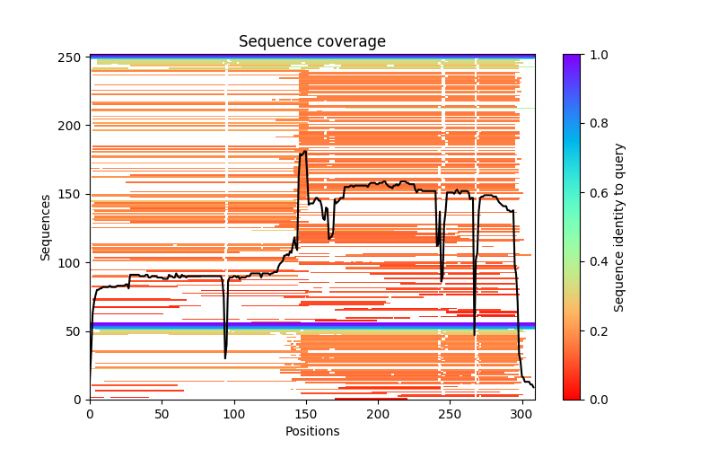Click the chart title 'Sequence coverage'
coord(311,42)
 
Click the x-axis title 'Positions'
coord(311,432)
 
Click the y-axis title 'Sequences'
coord(45,227)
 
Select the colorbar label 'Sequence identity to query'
coord(619,227)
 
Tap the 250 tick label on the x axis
coord(450,414)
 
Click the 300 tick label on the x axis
coord(521,414)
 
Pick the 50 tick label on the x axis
coord(162,414)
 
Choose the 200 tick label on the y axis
coord(74,126)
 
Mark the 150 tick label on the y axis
coord(74,194)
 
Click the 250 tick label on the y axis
coord(74,57)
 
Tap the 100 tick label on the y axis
coord(74,263)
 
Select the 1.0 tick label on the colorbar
coord(595,55)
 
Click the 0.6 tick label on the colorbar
coord(595,193)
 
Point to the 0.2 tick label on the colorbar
coord(595,330)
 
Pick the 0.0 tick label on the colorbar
coord(595,400)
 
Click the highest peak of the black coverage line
coord(305,151)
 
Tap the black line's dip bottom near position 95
coord(225,357)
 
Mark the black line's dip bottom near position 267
coord(474,334)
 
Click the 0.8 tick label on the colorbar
coord(595,124)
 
